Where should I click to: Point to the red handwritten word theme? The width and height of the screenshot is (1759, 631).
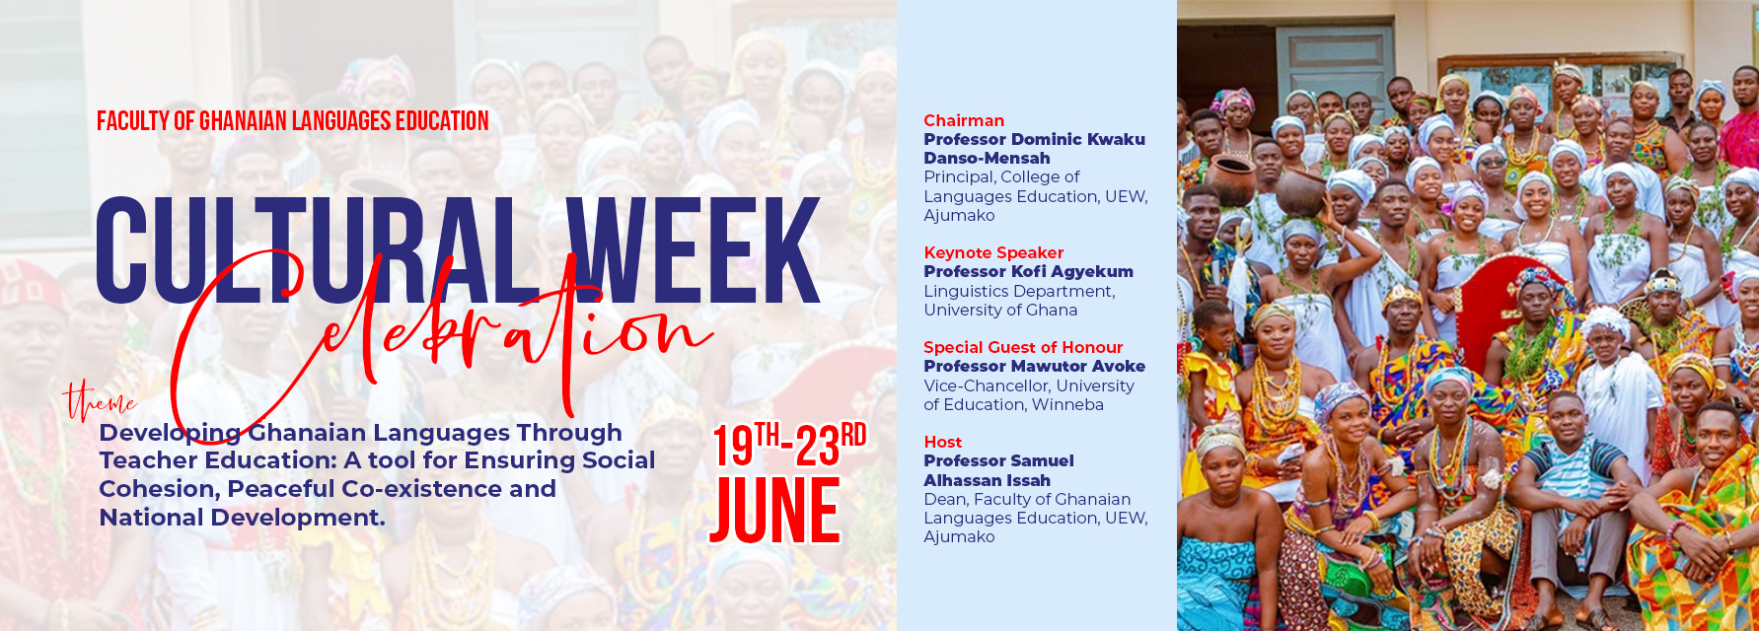(x=100, y=400)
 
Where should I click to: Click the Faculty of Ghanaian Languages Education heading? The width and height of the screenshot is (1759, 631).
(x=293, y=121)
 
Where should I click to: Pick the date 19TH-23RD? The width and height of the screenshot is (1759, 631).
(x=789, y=445)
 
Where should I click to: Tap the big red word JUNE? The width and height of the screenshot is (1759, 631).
(x=775, y=511)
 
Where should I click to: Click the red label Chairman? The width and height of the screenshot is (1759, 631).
(x=964, y=120)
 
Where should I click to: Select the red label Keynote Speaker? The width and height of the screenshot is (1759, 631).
(x=993, y=252)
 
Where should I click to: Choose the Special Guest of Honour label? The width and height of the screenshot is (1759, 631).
(x=1023, y=347)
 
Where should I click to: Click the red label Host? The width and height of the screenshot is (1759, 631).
(x=942, y=442)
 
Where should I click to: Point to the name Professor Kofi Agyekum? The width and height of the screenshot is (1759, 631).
(x=1028, y=271)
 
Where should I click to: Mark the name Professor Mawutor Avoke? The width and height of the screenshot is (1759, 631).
(x=1034, y=366)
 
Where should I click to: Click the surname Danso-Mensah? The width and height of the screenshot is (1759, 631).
(x=987, y=158)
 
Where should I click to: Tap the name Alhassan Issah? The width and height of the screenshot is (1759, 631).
(x=987, y=480)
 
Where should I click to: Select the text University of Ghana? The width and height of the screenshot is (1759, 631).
(x=1000, y=310)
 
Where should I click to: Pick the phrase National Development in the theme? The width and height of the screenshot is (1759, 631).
(x=242, y=518)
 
